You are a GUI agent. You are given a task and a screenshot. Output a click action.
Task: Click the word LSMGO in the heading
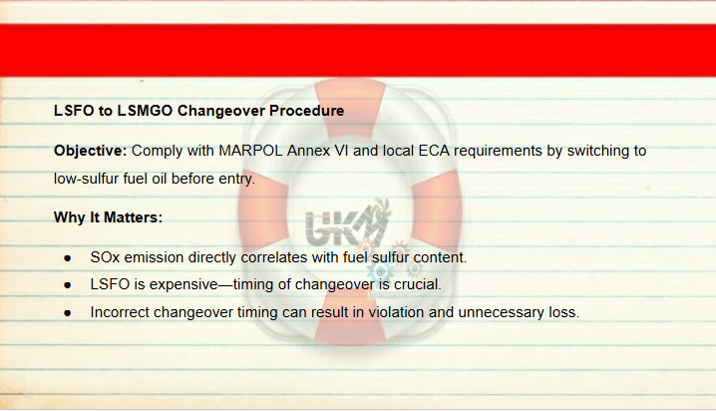pyautogui.click(x=145, y=111)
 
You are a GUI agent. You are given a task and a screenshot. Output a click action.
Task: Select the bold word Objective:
pyautogui.click(x=91, y=151)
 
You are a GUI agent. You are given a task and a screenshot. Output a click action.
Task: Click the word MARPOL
pyautogui.click(x=250, y=151)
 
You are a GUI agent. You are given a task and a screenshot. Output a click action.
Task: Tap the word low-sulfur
pyautogui.click(x=87, y=179)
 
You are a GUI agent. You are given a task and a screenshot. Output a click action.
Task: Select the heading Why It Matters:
pyautogui.click(x=109, y=217)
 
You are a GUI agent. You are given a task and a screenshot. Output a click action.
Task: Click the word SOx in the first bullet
pyautogui.click(x=105, y=257)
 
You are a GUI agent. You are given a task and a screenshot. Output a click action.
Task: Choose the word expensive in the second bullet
pyautogui.click(x=183, y=284)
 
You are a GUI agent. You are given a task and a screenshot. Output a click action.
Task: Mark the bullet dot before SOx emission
pyautogui.click(x=68, y=258)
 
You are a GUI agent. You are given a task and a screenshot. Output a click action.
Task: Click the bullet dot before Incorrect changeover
pyautogui.click(x=68, y=313)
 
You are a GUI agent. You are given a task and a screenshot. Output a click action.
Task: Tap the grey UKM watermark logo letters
pyautogui.click(x=345, y=225)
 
